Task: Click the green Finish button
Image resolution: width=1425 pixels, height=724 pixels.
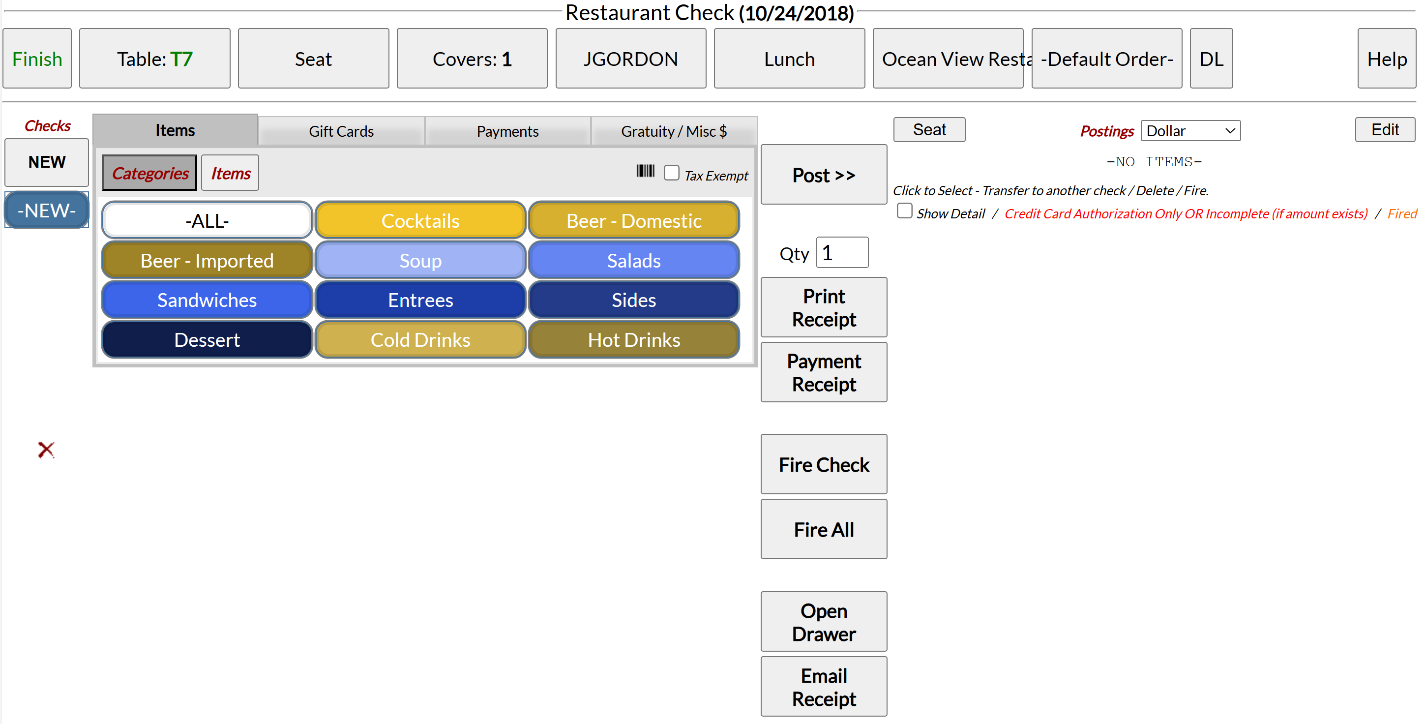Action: (x=37, y=59)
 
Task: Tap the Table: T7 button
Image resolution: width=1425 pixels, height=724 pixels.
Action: (x=155, y=59)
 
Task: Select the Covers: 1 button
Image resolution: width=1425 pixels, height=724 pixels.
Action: (x=472, y=59)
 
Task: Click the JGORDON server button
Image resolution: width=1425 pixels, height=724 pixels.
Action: (x=630, y=59)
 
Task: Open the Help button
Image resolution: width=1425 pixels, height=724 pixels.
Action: (x=1386, y=59)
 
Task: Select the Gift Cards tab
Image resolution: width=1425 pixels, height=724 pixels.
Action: (x=341, y=131)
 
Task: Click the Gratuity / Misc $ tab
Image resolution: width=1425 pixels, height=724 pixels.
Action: (x=674, y=131)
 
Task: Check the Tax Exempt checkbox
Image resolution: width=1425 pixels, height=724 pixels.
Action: (x=672, y=173)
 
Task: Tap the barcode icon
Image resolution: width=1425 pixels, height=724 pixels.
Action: (x=645, y=171)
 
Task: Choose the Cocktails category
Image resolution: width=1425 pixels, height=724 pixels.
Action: (x=420, y=221)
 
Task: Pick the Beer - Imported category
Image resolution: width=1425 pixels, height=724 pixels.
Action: (x=207, y=260)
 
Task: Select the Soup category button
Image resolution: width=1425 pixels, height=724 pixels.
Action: (x=420, y=260)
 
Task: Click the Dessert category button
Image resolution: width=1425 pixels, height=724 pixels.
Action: (x=207, y=339)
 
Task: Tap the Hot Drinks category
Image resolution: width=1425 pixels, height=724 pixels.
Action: (x=634, y=339)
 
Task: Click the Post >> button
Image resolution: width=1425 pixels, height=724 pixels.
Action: (x=824, y=175)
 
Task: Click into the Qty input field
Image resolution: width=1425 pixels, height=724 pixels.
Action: (x=842, y=253)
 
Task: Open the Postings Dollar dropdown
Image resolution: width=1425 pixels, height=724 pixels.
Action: (x=1190, y=131)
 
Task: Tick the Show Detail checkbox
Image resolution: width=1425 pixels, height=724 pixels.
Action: (x=904, y=211)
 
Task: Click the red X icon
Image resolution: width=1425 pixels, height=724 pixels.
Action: (x=46, y=450)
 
